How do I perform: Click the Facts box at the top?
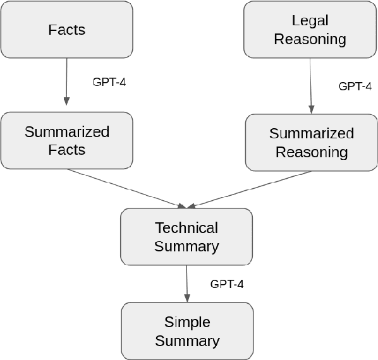tap(66, 30)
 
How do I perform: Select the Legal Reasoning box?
tap(310, 30)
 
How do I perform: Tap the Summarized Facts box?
tap(66, 140)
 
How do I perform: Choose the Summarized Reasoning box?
tap(311, 143)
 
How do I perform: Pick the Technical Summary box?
tap(186, 237)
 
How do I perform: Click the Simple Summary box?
tap(187, 332)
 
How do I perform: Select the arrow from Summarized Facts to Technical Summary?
tap(126, 187)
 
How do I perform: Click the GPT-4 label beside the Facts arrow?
tap(109, 82)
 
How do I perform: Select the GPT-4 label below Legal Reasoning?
tap(355, 87)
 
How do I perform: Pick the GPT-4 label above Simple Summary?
tap(226, 284)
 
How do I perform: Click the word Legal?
tap(310, 21)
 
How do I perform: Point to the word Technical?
tap(186, 228)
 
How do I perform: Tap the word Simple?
tap(187, 323)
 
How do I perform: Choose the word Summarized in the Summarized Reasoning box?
tap(311, 134)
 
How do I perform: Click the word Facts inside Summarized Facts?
tap(66, 150)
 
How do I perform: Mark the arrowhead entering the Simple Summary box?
tap(187, 299)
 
